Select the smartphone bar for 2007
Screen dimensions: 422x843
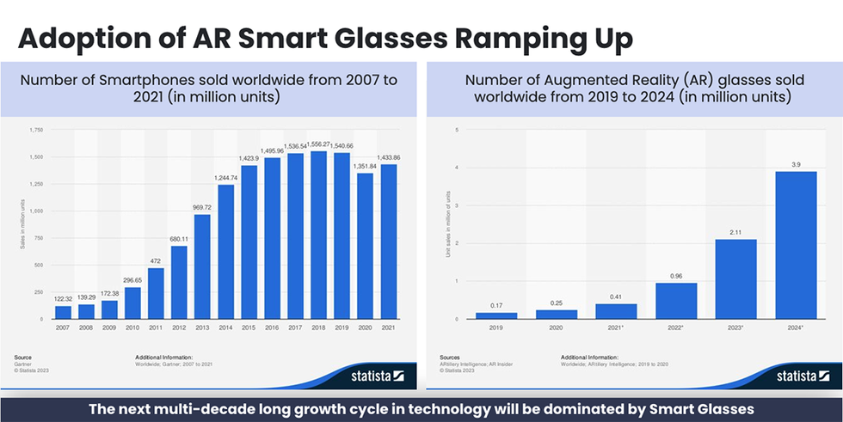pyautogui.click(x=63, y=312)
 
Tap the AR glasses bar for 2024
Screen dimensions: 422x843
pyautogui.click(x=796, y=245)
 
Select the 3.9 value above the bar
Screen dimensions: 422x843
pyautogui.click(x=796, y=164)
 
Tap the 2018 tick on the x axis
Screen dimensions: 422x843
pyautogui.click(x=320, y=328)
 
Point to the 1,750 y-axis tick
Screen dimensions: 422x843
pyautogui.click(x=35, y=130)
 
